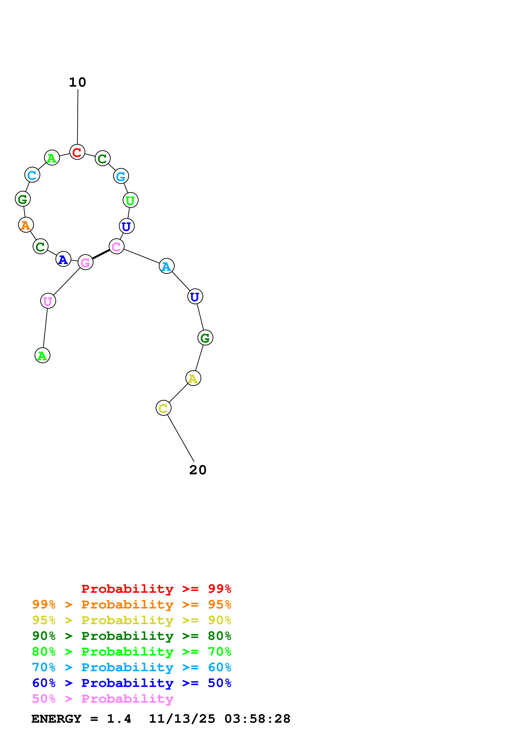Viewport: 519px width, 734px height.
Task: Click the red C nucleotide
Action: coord(77,152)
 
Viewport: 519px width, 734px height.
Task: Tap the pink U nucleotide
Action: coord(48,301)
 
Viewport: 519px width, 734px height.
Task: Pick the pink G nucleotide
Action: coord(85,262)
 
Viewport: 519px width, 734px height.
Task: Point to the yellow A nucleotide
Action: coord(193,378)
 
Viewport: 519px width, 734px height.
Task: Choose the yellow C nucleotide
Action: coord(164,408)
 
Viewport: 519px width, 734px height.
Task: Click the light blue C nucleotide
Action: coord(32,175)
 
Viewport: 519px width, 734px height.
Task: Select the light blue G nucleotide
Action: coord(121,176)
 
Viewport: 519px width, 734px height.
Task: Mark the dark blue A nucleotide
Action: coord(63,259)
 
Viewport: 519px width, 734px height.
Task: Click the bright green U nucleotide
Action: coord(130,200)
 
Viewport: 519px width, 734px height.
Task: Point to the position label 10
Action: coord(77,82)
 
